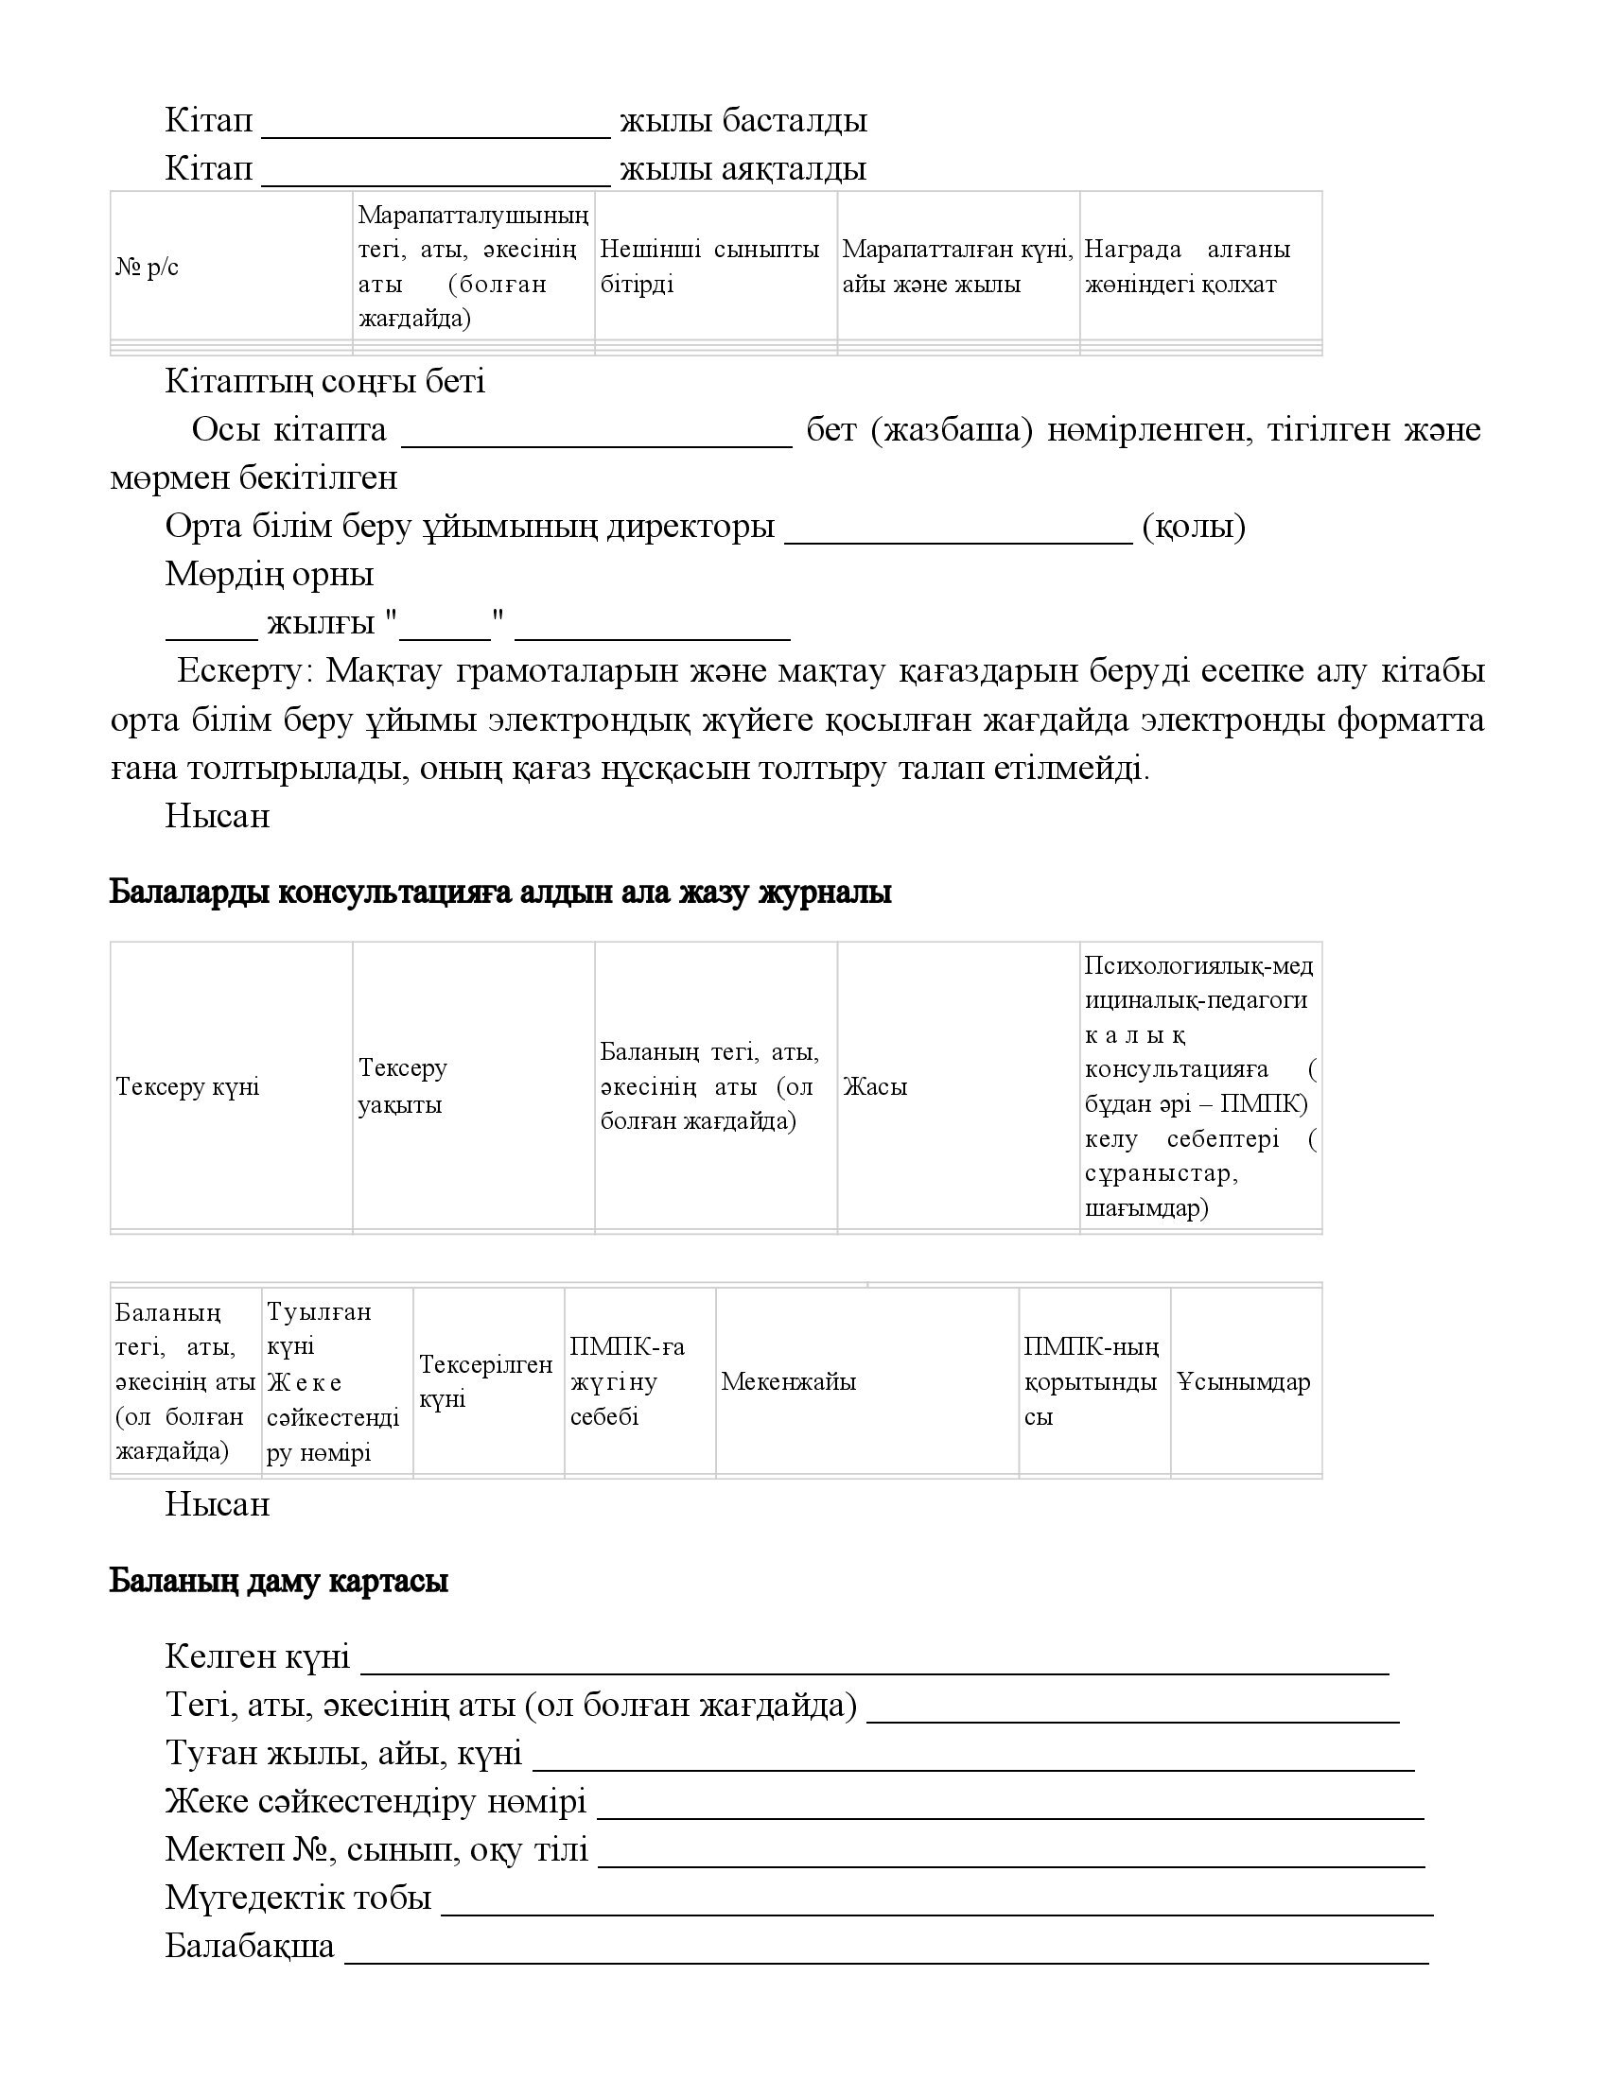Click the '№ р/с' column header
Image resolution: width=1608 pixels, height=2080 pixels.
[x=148, y=268]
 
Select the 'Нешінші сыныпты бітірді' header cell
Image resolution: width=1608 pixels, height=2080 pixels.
[x=708, y=267]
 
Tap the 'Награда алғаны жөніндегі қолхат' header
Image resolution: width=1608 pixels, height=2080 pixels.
[x=1187, y=267]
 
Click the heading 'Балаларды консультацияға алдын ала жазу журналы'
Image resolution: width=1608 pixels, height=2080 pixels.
[x=500, y=893]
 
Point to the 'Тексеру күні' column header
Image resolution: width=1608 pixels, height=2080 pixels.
[x=187, y=1086]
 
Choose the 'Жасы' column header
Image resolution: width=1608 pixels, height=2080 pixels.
[x=875, y=1086]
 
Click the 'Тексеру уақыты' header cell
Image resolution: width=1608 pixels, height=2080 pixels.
[x=402, y=1086]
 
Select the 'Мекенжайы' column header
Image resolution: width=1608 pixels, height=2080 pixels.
[x=788, y=1382]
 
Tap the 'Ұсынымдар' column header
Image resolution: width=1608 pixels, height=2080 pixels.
[x=1243, y=1382]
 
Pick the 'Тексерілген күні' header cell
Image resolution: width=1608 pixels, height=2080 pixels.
[x=486, y=1382]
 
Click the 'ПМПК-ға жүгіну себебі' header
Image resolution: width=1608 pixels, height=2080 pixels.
[x=627, y=1382]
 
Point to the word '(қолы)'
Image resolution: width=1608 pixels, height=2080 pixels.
[x=1193, y=526]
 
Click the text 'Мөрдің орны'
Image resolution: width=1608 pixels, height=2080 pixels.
[x=270, y=574]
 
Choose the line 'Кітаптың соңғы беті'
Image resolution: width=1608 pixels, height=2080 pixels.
[x=324, y=382]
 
